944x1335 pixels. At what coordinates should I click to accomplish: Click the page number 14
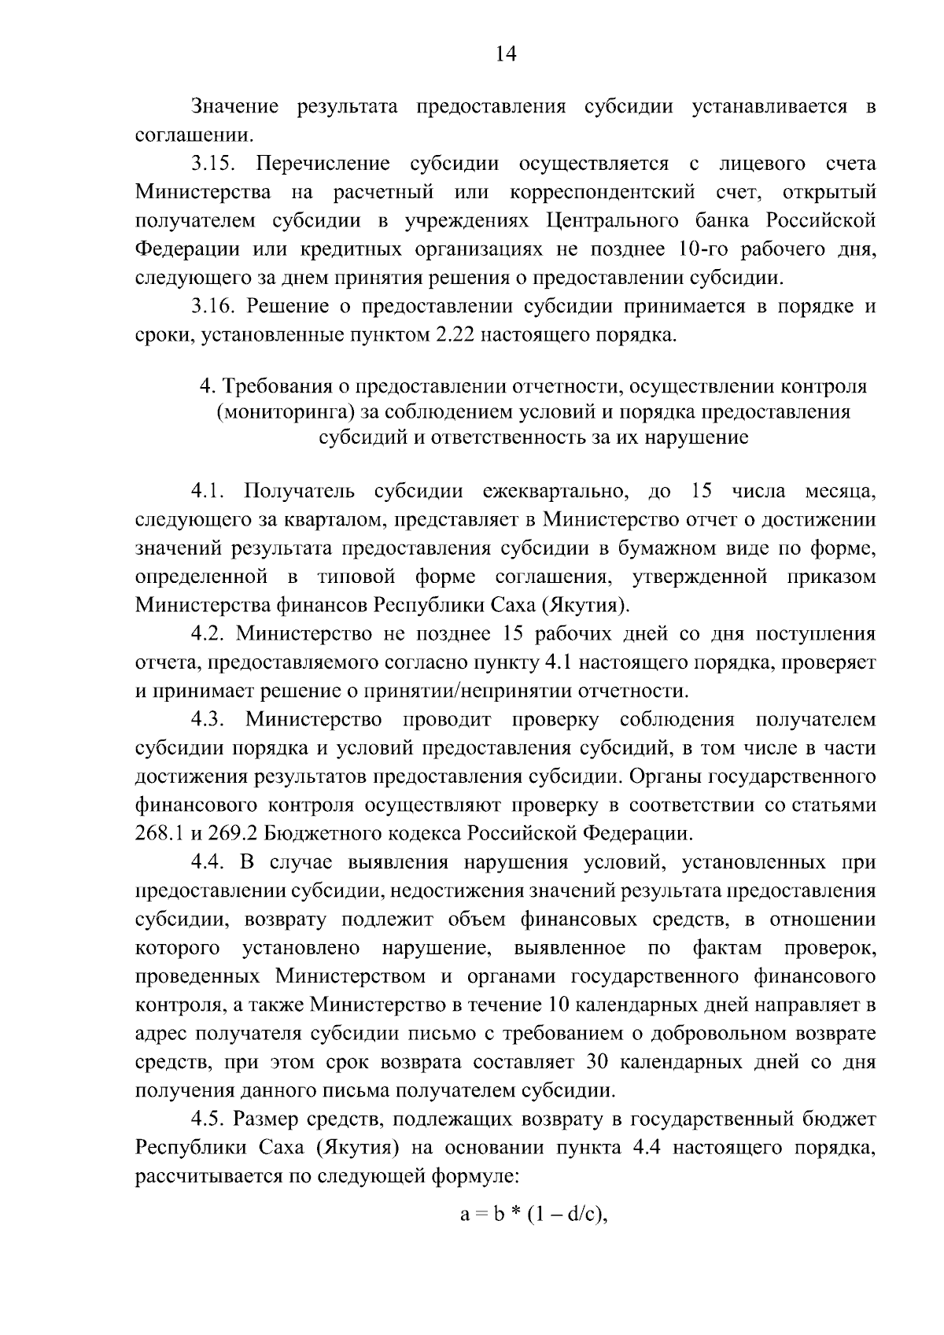coord(506,53)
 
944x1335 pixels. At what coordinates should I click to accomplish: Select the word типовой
coord(356,577)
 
